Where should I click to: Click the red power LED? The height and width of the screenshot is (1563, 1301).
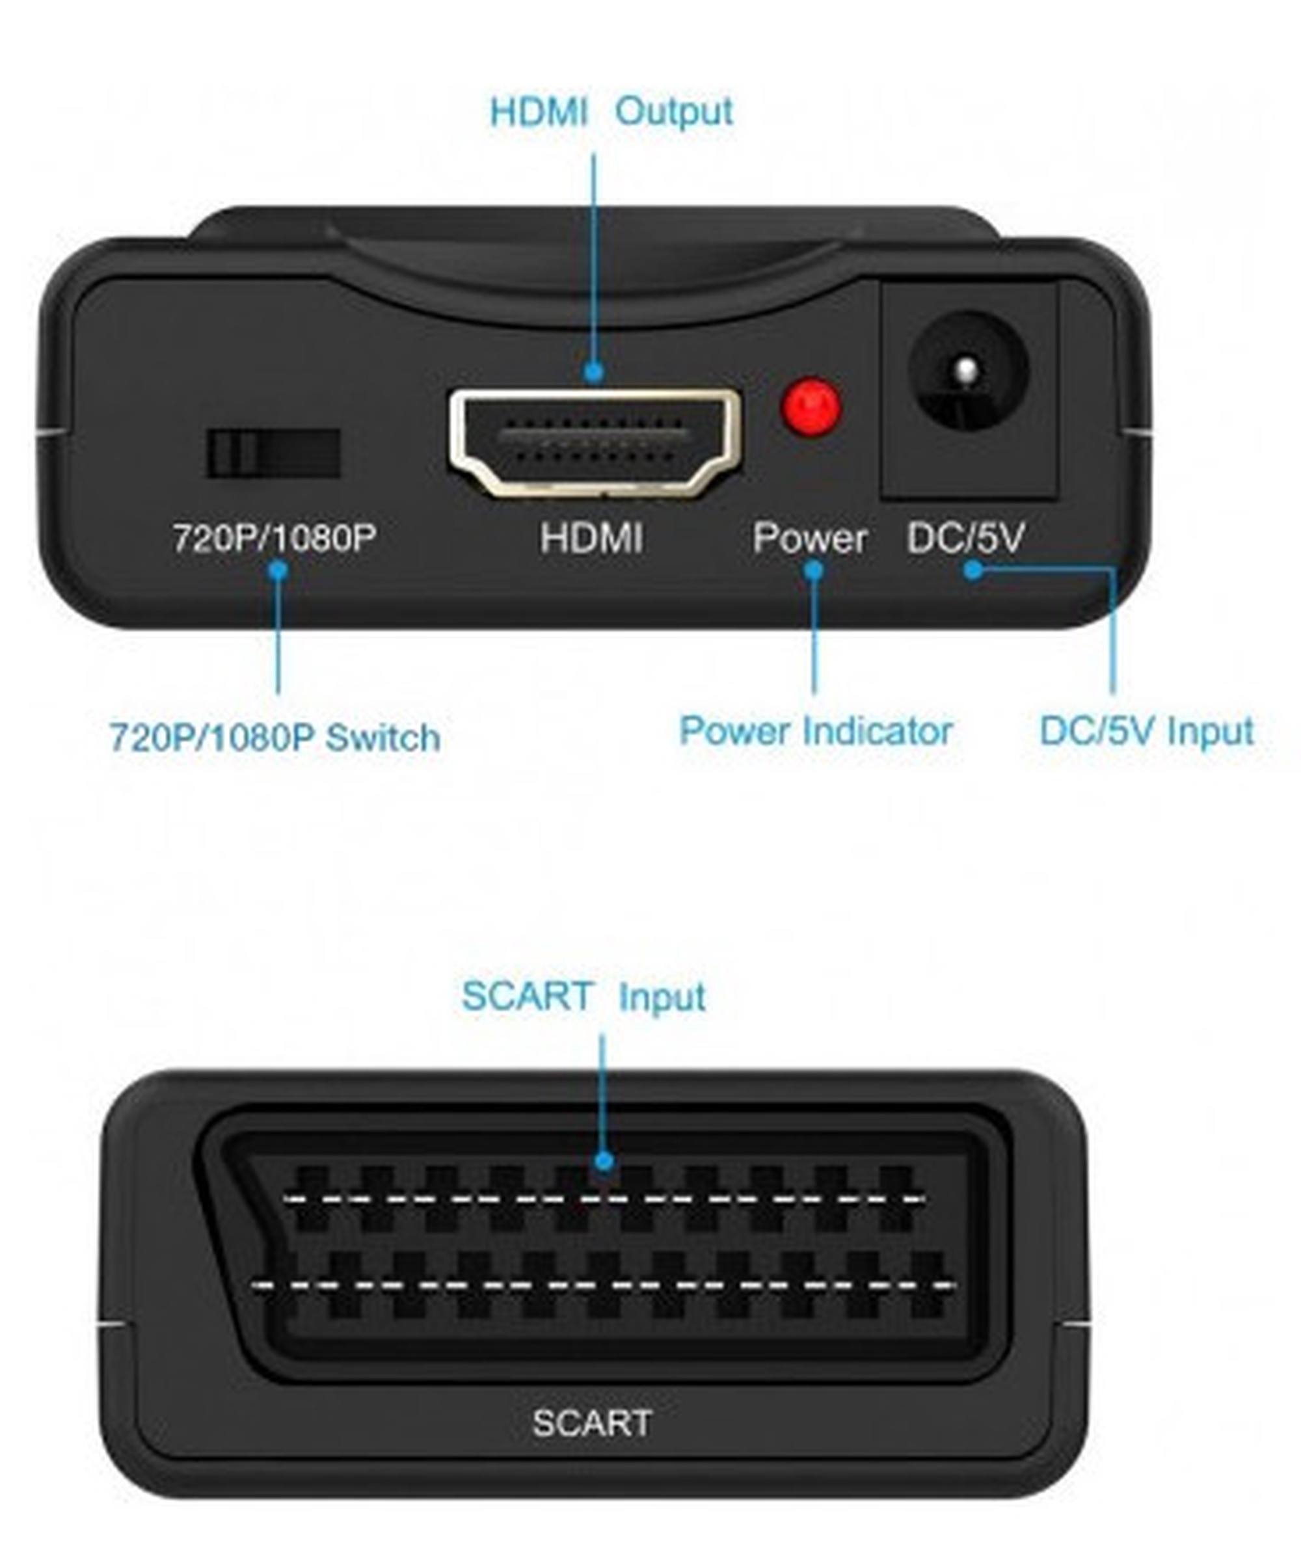(x=811, y=407)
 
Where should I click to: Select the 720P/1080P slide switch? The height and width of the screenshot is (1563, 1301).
(x=273, y=453)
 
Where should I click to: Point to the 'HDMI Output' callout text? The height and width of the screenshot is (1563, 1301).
(x=611, y=113)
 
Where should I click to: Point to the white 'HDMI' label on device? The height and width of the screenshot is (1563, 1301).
(x=592, y=537)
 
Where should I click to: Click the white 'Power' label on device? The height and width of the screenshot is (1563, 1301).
(x=810, y=537)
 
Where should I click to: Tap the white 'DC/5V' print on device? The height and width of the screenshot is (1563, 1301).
(x=965, y=537)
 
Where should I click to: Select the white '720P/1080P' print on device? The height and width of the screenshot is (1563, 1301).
(x=275, y=538)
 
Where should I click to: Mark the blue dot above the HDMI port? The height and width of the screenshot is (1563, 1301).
(x=593, y=371)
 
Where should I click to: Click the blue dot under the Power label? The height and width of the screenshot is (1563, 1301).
(x=814, y=571)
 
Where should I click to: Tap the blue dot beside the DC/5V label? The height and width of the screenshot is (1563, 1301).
(x=972, y=570)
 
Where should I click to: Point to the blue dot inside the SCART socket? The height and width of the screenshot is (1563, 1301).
(x=604, y=1160)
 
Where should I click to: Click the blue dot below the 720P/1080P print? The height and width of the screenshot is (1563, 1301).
(x=278, y=571)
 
